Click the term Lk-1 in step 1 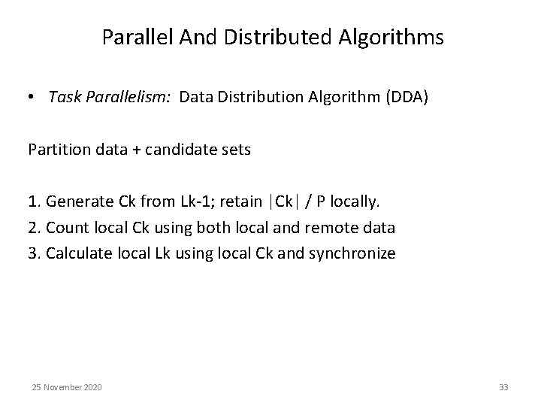[194, 201]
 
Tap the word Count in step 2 [65, 227]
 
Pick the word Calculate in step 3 [77, 253]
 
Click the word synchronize [351, 253]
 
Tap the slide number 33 [503, 387]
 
